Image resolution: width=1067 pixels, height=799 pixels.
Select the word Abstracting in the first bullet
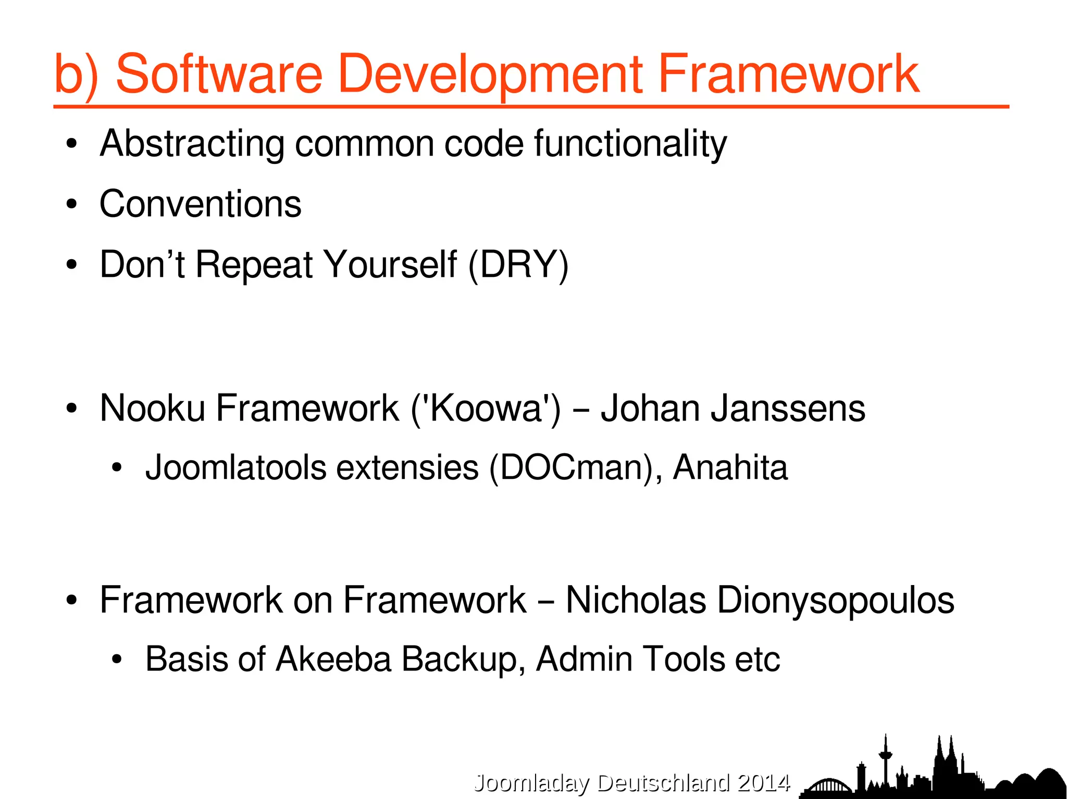(192, 144)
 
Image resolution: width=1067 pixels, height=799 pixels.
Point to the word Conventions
(200, 204)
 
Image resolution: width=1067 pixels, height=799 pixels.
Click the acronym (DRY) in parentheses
(518, 265)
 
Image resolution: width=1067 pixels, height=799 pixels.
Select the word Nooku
(152, 408)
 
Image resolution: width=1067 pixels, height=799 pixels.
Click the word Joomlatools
(235, 467)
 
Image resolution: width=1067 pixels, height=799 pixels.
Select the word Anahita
(730, 467)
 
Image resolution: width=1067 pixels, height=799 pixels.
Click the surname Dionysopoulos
(836, 600)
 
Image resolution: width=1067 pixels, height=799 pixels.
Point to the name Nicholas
(636, 600)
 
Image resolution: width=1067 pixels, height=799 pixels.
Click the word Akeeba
(333, 660)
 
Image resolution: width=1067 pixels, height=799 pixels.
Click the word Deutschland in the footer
(663, 783)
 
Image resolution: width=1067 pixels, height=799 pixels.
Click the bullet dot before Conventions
(72, 204)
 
